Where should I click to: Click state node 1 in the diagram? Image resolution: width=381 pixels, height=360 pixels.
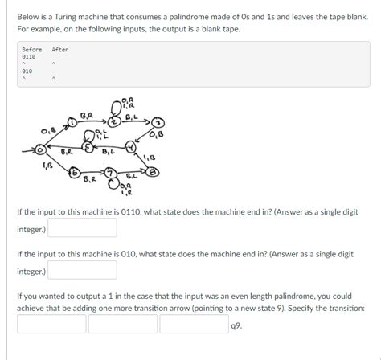coord(74,121)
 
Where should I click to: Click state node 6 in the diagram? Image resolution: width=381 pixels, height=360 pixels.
coord(73,174)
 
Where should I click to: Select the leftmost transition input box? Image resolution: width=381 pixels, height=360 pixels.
coord(51,324)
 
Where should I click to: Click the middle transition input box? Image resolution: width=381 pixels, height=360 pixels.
coord(122,324)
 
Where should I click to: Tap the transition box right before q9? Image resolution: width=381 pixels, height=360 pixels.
coord(193,324)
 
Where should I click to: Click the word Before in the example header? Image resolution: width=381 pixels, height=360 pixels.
coord(31,50)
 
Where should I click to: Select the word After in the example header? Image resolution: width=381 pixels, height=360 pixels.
coord(60,50)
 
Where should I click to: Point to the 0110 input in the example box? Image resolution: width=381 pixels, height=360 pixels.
coord(28,57)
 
